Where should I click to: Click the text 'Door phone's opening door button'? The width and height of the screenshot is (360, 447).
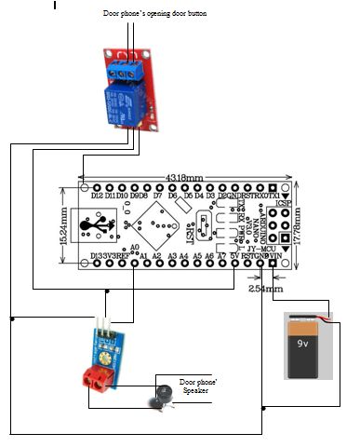[154, 15]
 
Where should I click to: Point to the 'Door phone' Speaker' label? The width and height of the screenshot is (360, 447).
[197, 386]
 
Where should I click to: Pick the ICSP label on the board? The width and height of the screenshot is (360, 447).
[284, 202]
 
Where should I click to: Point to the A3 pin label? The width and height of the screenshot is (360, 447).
[171, 254]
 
